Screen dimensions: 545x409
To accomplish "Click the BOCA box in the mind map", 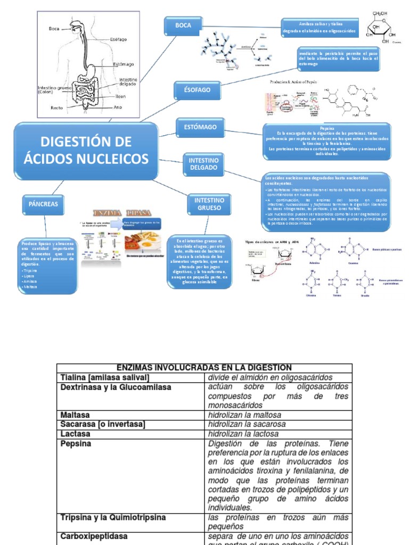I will click(183, 25).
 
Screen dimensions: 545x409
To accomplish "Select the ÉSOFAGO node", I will click(193, 90).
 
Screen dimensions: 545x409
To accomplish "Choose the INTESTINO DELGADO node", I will click(203, 163).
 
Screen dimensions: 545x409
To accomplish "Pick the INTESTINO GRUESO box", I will click(209, 204).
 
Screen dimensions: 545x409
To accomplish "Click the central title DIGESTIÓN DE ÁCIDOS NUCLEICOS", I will click(86, 150).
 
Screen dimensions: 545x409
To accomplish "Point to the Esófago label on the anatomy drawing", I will click(119, 39).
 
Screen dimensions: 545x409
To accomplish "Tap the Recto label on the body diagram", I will click(57, 108).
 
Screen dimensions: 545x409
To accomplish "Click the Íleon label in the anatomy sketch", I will click(121, 97).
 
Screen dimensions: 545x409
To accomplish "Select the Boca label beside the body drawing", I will click(54, 29).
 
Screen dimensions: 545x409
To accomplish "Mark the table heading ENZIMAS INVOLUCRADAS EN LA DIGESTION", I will click(204, 368).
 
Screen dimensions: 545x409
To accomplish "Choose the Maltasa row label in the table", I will click(75, 415).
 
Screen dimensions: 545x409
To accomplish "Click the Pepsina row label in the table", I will click(76, 443).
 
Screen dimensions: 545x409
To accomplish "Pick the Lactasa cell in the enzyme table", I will click(75, 434).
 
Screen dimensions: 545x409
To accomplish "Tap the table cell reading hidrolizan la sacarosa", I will click(244, 424).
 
